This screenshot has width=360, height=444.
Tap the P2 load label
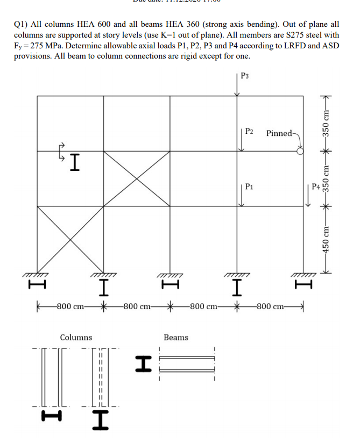point(250,131)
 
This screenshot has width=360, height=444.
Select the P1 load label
point(249,187)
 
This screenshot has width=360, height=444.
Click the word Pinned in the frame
point(279,133)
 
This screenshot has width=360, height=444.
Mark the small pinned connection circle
point(300,152)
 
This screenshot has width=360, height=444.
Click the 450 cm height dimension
point(325,238)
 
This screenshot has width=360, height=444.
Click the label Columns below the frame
point(76,338)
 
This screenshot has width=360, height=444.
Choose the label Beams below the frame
point(176,338)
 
